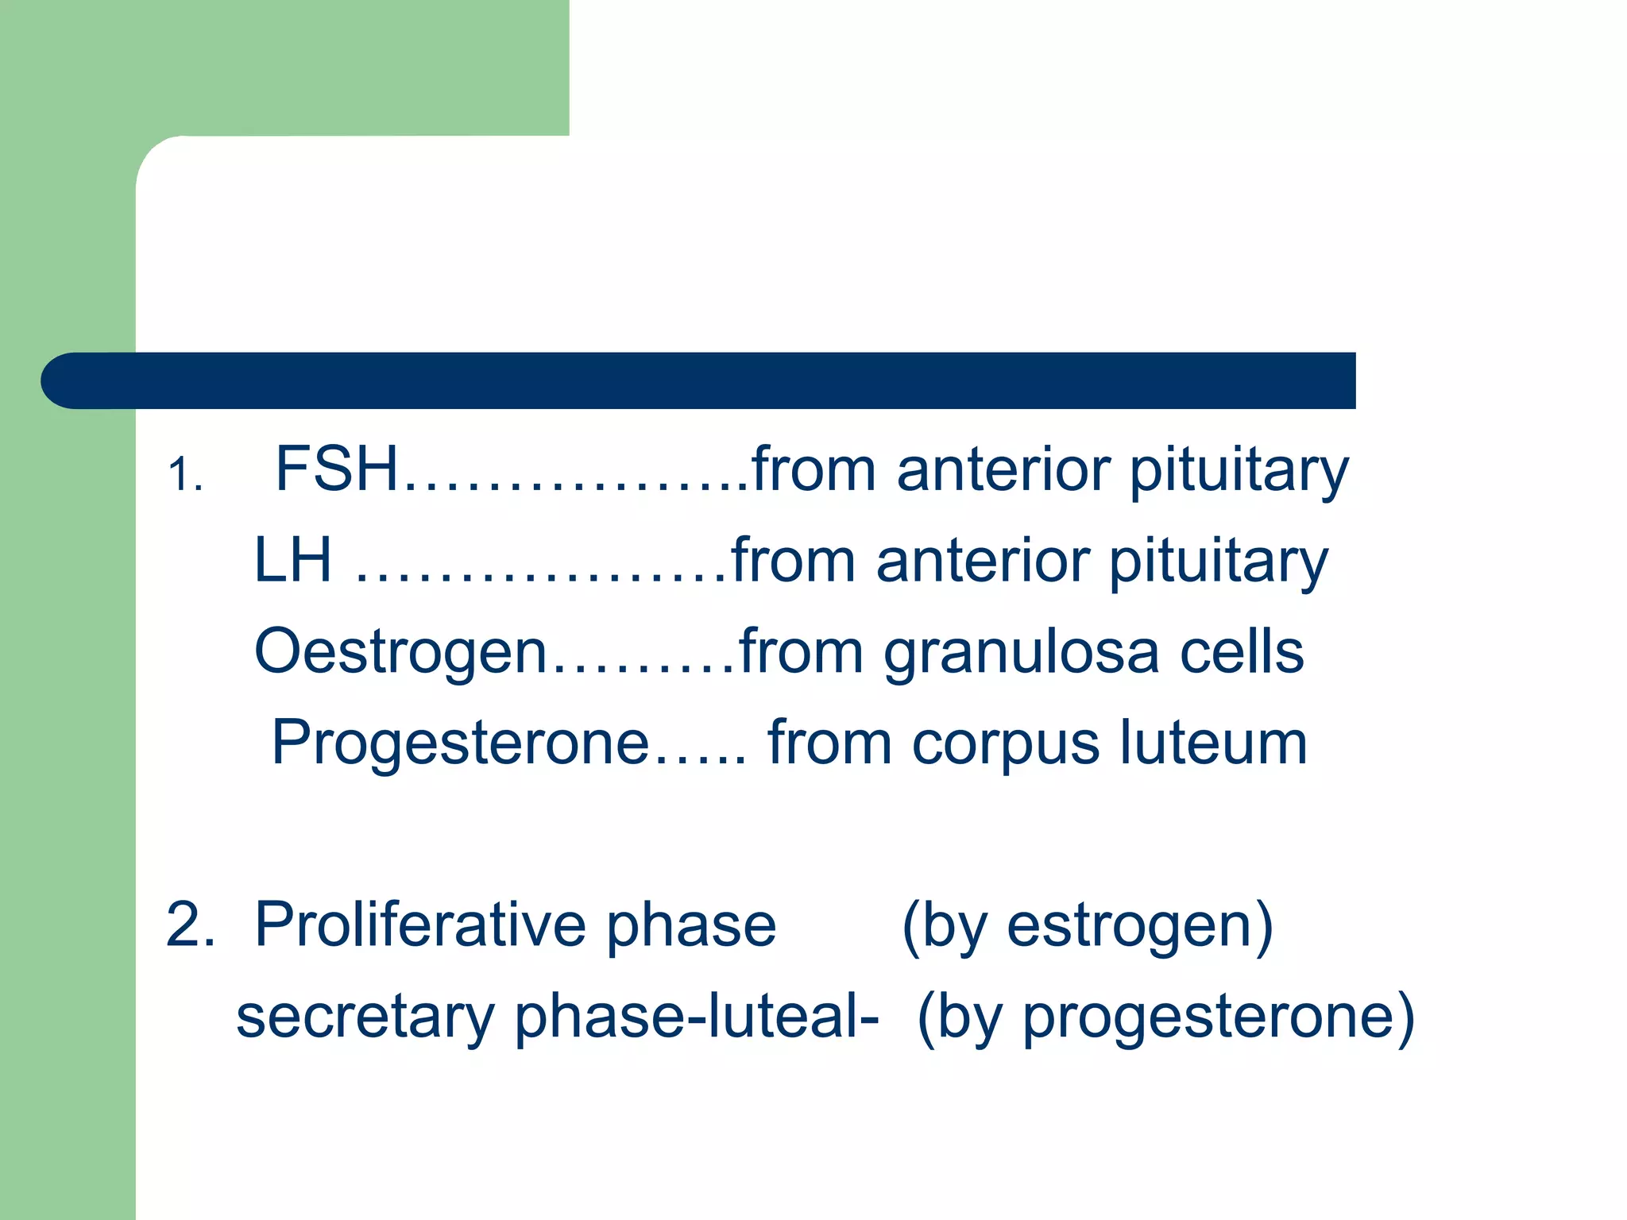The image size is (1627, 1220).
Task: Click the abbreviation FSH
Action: pyautogui.click(x=336, y=469)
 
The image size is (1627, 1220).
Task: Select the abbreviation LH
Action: pyautogui.click(x=292, y=561)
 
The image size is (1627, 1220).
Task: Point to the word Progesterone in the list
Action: pyautogui.click(x=461, y=743)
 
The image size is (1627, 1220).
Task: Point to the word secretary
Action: pyautogui.click(x=365, y=1017)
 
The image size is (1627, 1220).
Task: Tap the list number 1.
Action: pyautogui.click(x=185, y=476)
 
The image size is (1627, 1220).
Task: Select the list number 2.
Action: pyautogui.click(x=190, y=925)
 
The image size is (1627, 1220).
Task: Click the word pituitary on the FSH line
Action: pyautogui.click(x=1239, y=471)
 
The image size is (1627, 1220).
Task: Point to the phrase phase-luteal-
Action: pyautogui.click(x=697, y=1017)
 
